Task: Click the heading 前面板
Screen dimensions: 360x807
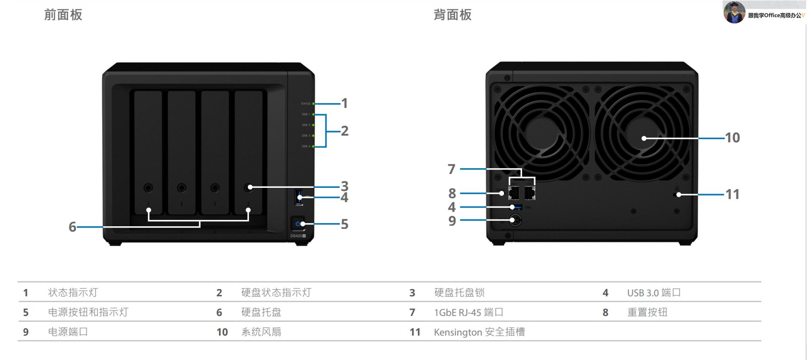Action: (63, 15)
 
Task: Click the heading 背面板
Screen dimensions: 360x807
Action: (452, 15)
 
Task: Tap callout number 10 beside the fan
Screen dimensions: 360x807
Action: (732, 138)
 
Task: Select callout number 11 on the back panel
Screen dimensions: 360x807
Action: (732, 194)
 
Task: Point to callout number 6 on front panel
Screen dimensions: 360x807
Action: (72, 227)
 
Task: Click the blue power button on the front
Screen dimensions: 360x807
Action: (298, 224)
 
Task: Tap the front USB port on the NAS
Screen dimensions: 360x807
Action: (299, 197)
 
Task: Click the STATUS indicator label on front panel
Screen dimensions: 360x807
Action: (306, 103)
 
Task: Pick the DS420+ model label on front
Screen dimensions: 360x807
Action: (298, 236)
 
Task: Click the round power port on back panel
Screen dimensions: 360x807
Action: (515, 220)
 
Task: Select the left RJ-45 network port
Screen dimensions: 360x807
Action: (514, 192)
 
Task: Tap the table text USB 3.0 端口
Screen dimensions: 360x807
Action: (654, 293)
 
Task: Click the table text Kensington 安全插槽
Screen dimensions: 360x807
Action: (479, 332)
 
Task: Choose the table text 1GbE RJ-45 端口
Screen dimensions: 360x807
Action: (468, 312)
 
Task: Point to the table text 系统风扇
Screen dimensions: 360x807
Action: (261, 332)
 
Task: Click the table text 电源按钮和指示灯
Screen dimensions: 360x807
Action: (88, 312)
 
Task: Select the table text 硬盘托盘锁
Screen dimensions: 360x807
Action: (459, 293)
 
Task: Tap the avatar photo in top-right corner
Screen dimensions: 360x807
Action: (734, 12)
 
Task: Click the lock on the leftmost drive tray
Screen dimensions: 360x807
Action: (148, 188)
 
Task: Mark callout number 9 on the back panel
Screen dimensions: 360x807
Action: (452, 221)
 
